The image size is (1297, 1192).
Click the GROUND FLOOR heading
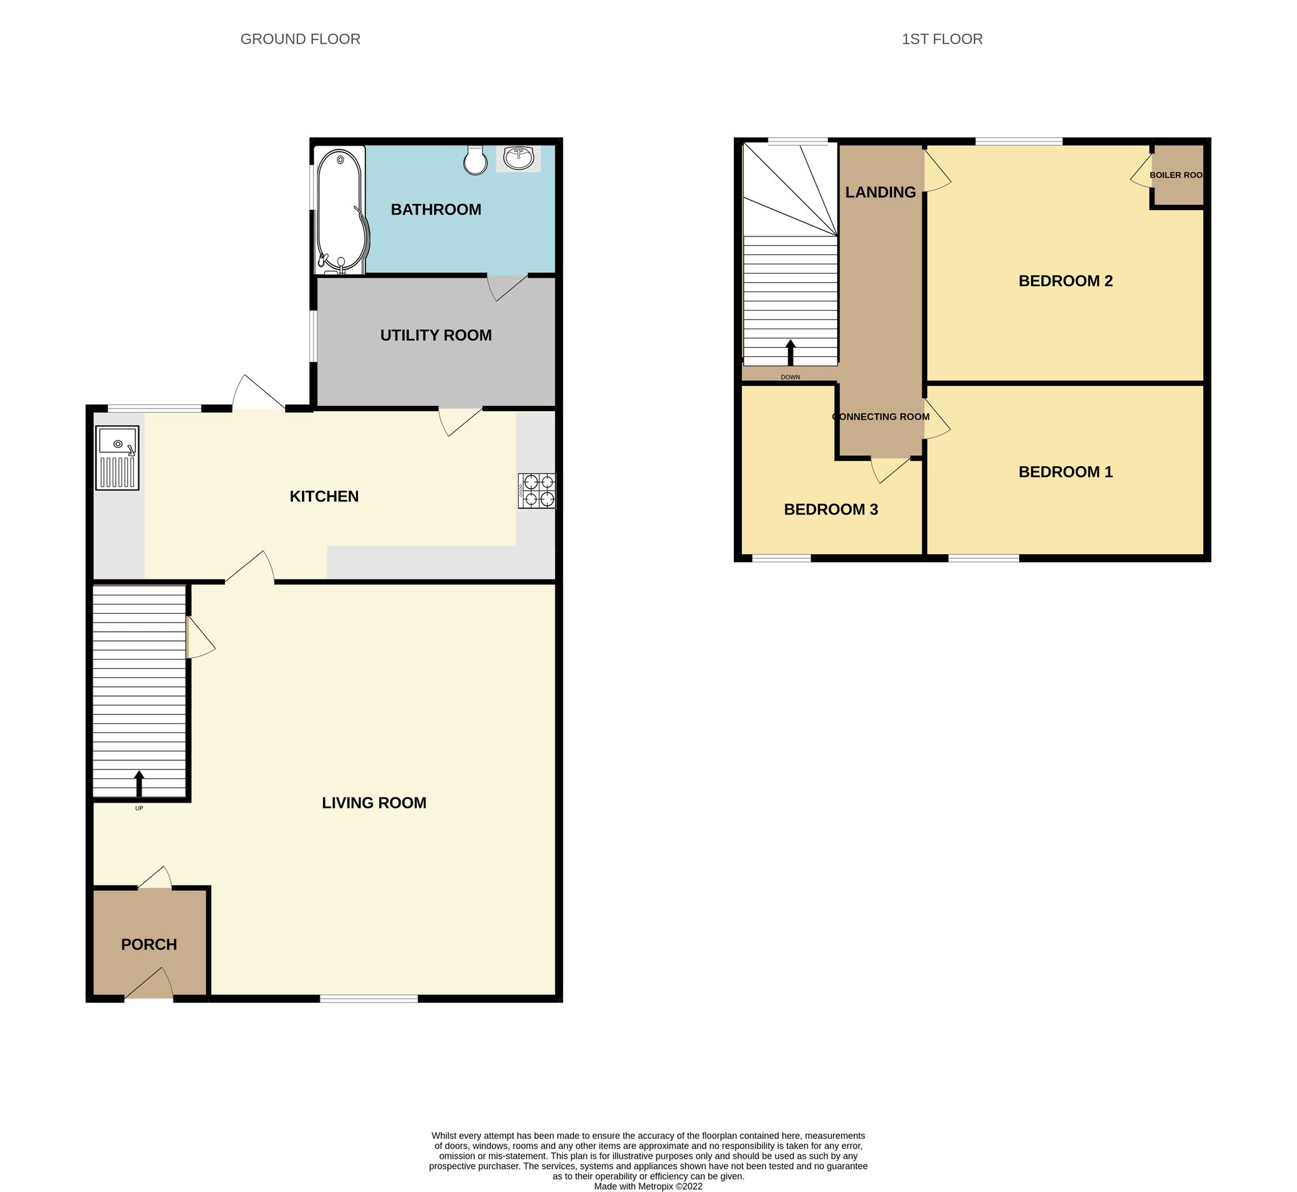tap(300, 39)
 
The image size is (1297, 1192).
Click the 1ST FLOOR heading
tap(942, 39)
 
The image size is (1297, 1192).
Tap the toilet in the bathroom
tap(475, 160)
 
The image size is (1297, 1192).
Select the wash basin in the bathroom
tap(519, 158)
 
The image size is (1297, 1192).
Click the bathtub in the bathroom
tap(340, 209)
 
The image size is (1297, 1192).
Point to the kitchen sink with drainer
tap(117, 458)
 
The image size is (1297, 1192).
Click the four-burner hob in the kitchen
tap(537, 491)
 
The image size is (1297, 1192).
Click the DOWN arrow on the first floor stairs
tap(790, 352)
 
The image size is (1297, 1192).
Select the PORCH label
tap(149, 944)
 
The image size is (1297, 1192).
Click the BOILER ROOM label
tap(1176, 175)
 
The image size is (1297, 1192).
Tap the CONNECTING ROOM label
tap(881, 417)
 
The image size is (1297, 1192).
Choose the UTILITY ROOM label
tap(435, 335)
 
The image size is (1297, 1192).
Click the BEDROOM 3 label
tap(830, 509)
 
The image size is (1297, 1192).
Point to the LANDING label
tap(880, 192)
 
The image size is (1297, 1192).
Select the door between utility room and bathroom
tap(508, 286)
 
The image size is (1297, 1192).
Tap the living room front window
tap(369, 998)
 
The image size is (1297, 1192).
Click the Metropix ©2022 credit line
tap(648, 1186)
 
